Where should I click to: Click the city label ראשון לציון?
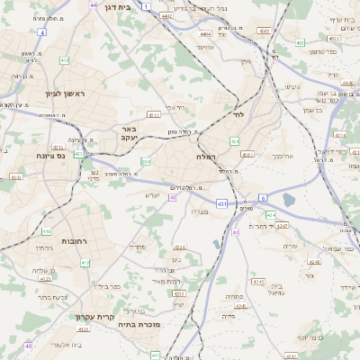tap(60, 94)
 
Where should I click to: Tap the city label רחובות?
tap(74, 242)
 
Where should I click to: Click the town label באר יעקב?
tap(128, 134)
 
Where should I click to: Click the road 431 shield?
tap(221, 204)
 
